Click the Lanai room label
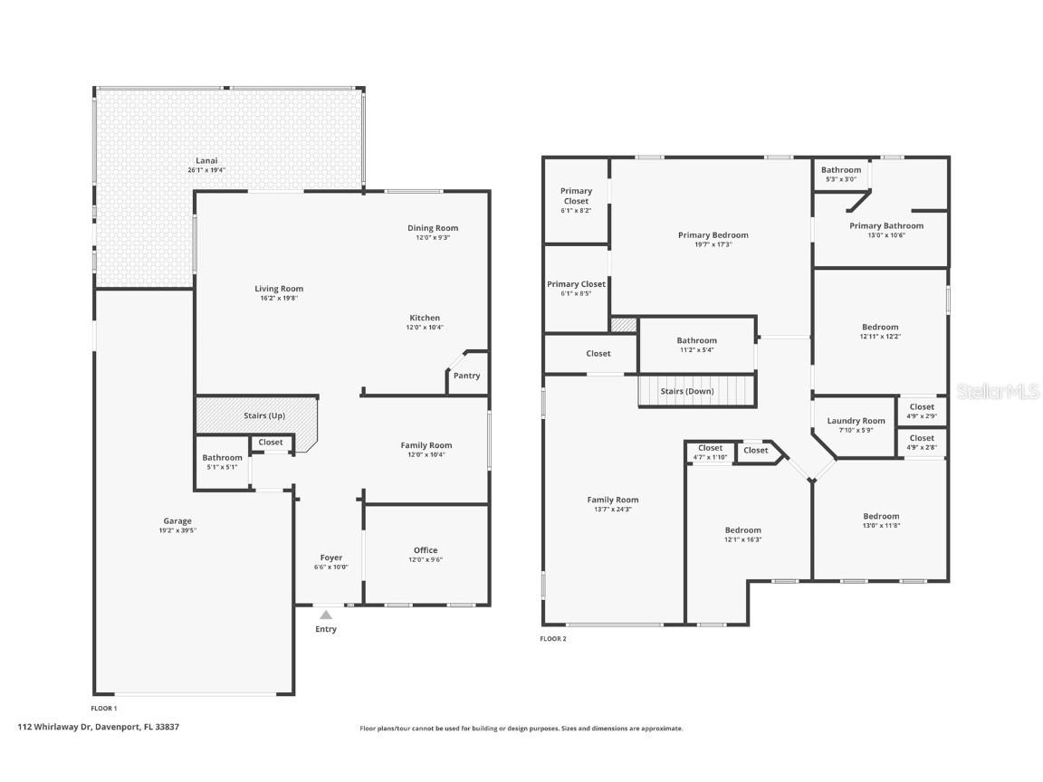pyautogui.click(x=206, y=161)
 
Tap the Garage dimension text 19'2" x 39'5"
pyautogui.click(x=177, y=530)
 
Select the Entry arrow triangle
pyautogui.click(x=326, y=615)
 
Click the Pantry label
pyautogui.click(x=467, y=376)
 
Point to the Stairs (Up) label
pyautogui.click(x=264, y=415)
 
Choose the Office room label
pyautogui.click(x=426, y=550)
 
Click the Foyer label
pyautogui.click(x=331, y=558)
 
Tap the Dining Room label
pyautogui.click(x=433, y=228)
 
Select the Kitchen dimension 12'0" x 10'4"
pyautogui.click(x=426, y=328)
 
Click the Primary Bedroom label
pyautogui.click(x=713, y=235)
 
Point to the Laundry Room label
pyautogui.click(x=856, y=421)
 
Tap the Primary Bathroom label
pyautogui.click(x=886, y=225)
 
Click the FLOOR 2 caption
pyautogui.click(x=553, y=639)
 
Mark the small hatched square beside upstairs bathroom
pyautogui.click(x=624, y=324)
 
